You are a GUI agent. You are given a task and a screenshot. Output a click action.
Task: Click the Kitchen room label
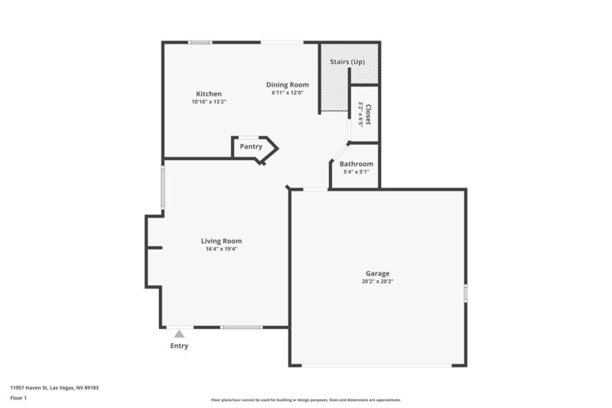pyautogui.click(x=208, y=94)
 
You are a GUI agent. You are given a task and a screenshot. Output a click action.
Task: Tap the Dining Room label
pyautogui.click(x=287, y=84)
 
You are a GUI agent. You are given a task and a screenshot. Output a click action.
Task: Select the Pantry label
pyautogui.click(x=251, y=146)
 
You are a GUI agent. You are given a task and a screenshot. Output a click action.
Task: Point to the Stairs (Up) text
pyautogui.click(x=347, y=60)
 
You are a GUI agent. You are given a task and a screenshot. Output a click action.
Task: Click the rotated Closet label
pyautogui.click(x=368, y=116)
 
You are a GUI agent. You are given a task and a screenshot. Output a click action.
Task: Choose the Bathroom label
pyautogui.click(x=356, y=164)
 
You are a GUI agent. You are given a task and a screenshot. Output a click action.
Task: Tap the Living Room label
pyautogui.click(x=221, y=241)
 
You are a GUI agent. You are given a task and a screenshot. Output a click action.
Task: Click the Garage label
pyautogui.click(x=377, y=273)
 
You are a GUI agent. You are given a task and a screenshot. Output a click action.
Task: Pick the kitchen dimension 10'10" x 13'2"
pyautogui.click(x=209, y=102)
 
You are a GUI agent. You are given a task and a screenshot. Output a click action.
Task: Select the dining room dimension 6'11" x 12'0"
pyautogui.click(x=288, y=93)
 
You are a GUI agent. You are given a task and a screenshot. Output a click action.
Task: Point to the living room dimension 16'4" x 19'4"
pyautogui.click(x=222, y=249)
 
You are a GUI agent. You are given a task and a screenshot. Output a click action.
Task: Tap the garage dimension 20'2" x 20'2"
pyautogui.click(x=377, y=281)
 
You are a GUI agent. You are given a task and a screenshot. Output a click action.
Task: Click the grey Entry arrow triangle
pyautogui.click(x=179, y=333)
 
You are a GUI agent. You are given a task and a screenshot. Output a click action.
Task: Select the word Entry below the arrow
pyautogui.click(x=179, y=345)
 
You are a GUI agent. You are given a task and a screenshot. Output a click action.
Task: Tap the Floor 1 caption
pyautogui.click(x=18, y=399)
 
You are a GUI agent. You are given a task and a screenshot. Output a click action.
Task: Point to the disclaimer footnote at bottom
pyautogui.click(x=305, y=400)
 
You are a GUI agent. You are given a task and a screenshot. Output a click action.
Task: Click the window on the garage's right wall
pyautogui.click(x=465, y=292)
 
